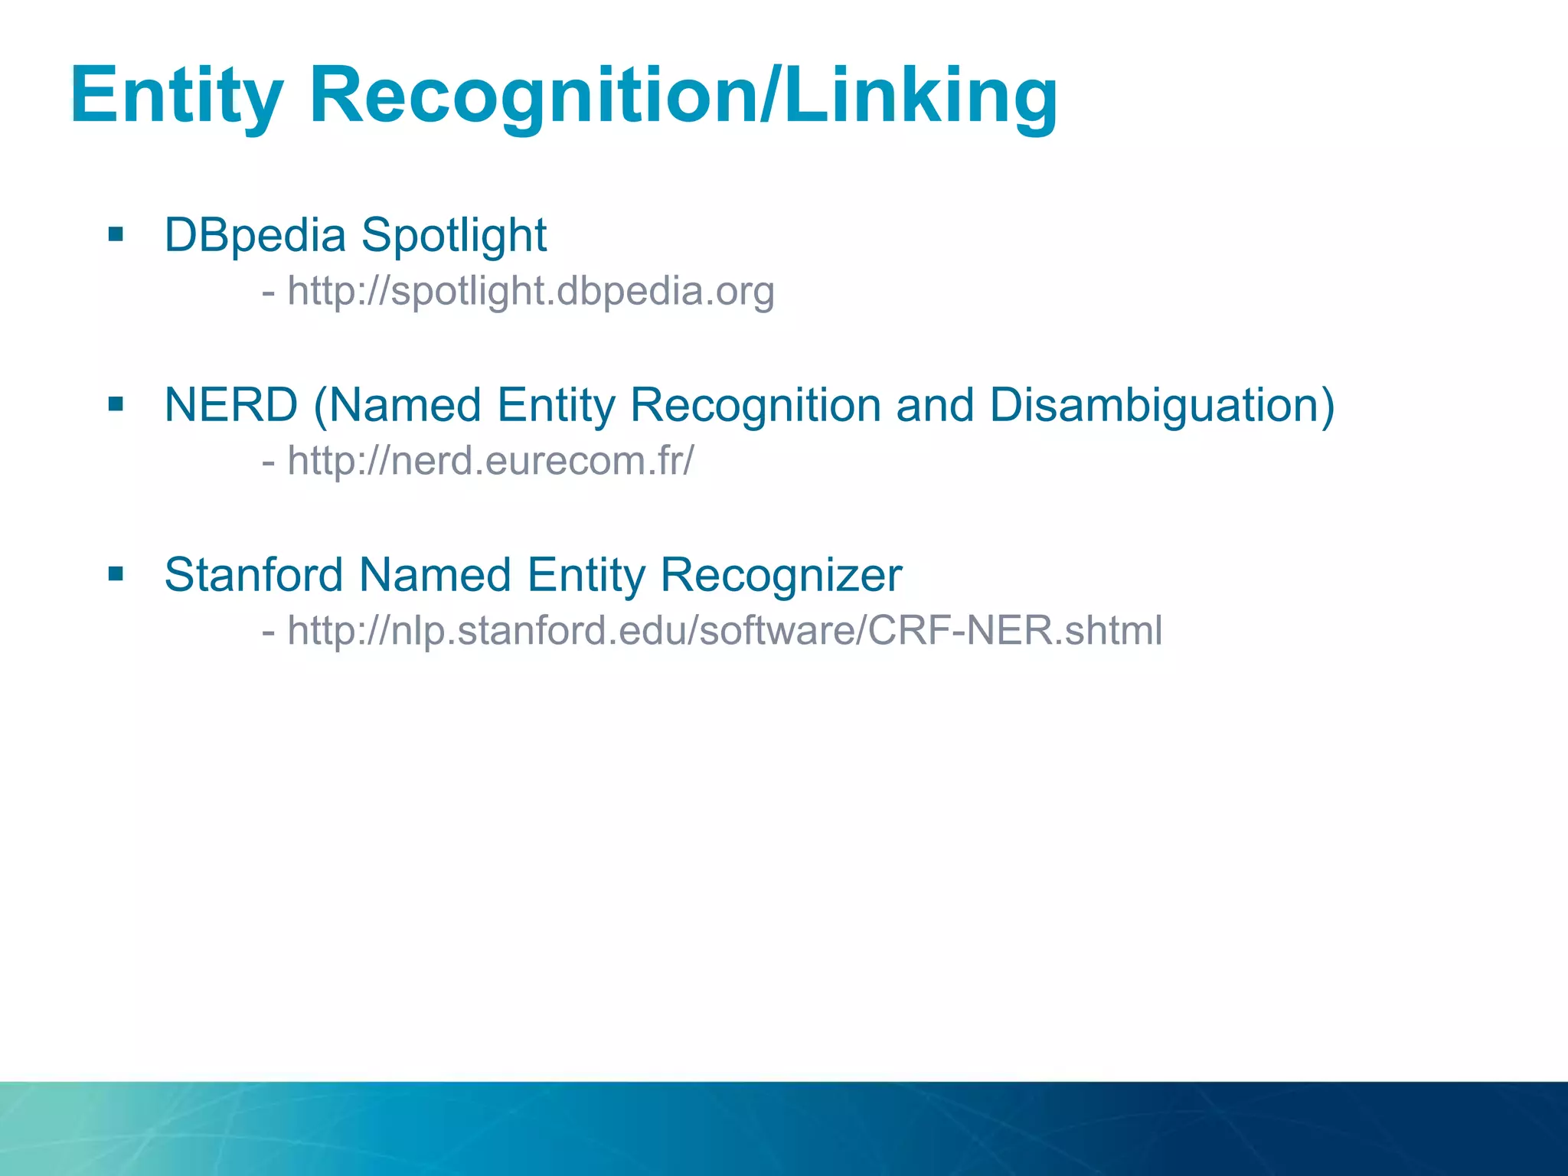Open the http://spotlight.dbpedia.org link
point(531,291)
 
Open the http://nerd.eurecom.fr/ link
point(491,461)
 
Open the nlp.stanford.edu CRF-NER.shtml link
point(724,631)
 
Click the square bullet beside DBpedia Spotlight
point(116,234)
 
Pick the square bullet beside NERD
point(116,404)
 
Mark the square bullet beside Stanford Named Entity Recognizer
point(116,574)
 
